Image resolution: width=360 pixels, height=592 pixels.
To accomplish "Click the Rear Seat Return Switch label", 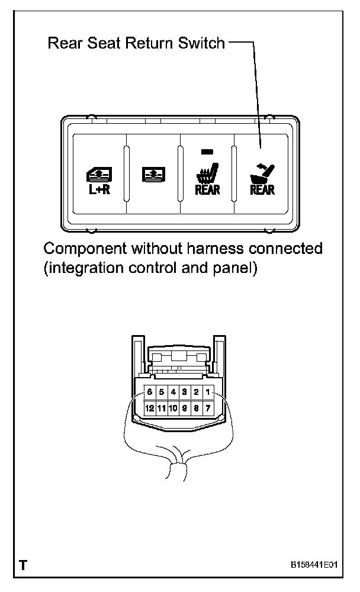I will pos(136,43).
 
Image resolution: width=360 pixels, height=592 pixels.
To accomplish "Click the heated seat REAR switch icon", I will pos(207,178).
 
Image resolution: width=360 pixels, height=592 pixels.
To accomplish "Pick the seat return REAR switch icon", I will pos(262,178).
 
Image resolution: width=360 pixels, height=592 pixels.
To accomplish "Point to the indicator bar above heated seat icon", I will pos(205,152).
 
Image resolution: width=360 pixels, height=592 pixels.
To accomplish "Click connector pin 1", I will pos(207,392).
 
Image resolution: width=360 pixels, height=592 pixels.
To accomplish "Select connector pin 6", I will pos(150,392).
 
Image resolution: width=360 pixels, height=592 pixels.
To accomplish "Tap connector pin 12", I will pos(150,408).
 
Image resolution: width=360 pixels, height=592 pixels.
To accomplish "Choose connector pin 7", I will pos(207,408).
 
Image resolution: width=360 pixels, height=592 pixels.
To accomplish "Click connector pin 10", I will pos(173,408).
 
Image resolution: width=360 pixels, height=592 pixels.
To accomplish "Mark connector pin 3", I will pos(185,392).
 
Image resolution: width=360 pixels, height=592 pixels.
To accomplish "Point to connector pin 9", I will pos(185,408).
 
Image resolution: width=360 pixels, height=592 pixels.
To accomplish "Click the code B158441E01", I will pos(314,565).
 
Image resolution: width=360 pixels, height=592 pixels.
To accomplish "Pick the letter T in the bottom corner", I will pos(22,565).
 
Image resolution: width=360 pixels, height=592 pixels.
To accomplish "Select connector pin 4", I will pos(173,392).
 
